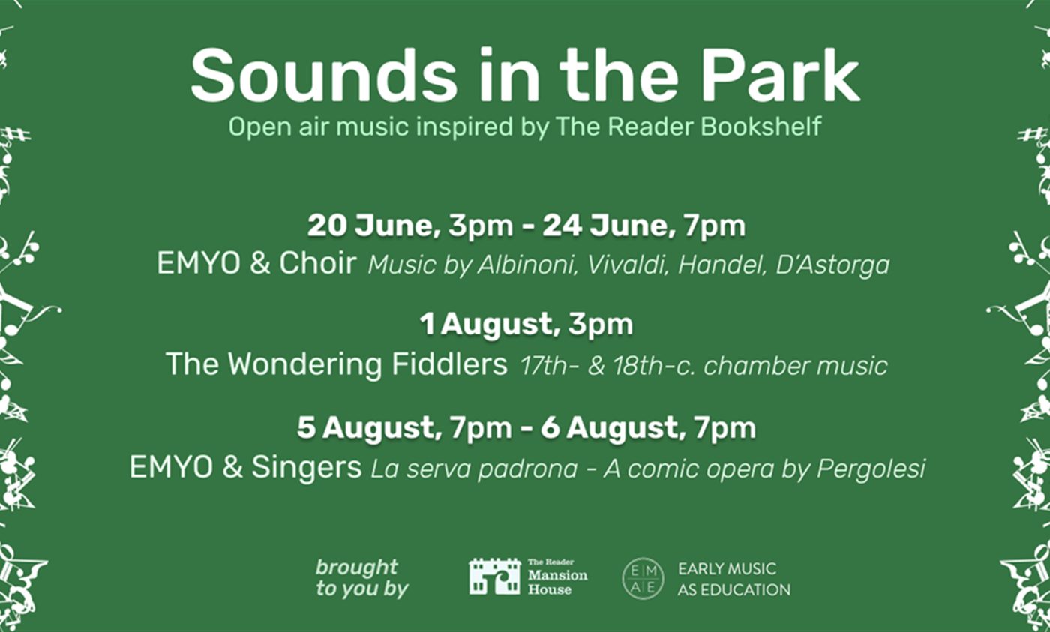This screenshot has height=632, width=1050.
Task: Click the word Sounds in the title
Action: click(323, 76)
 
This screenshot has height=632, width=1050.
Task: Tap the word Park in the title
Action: click(781, 76)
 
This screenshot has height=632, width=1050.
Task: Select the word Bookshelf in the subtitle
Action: click(761, 126)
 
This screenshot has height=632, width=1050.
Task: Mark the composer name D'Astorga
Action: click(832, 265)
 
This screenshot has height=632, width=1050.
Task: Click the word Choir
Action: click(317, 263)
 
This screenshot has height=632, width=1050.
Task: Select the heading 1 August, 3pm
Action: click(526, 324)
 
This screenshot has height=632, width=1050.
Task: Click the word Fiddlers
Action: click(449, 364)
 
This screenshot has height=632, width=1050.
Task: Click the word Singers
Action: click(307, 467)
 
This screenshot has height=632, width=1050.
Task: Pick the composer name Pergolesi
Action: click(871, 469)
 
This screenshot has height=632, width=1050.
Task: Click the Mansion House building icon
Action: click(494, 577)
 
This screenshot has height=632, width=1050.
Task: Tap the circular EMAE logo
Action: click(643, 578)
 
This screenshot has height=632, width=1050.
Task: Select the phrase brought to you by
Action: click(361, 578)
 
